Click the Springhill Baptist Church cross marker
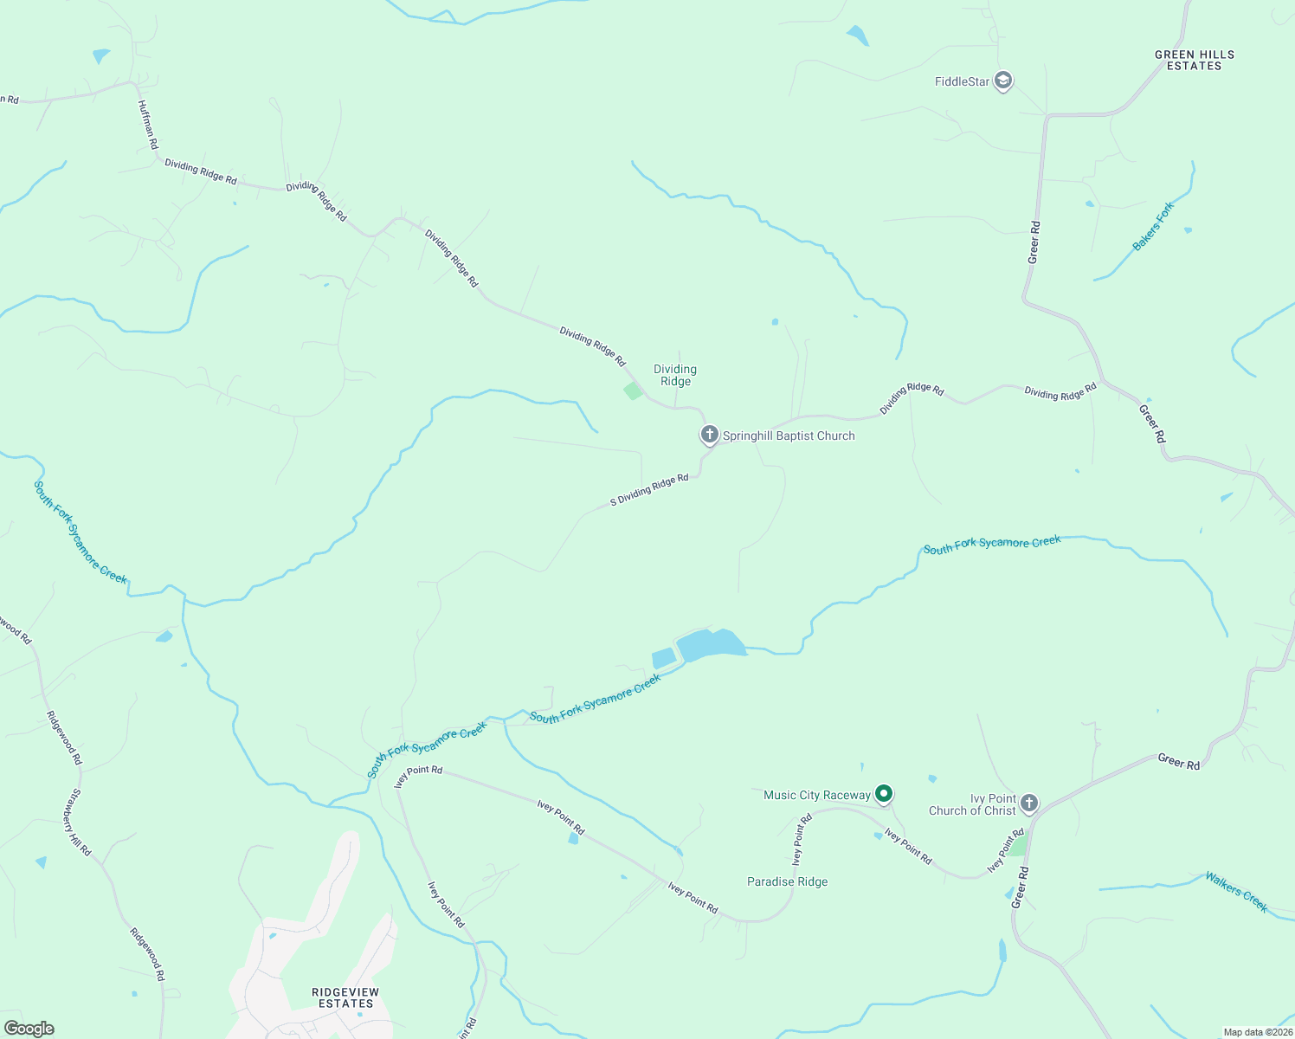pyautogui.click(x=709, y=435)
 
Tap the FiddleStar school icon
pyautogui.click(x=1003, y=81)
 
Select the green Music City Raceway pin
pyautogui.click(x=883, y=793)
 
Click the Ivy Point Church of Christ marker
pyautogui.click(x=1028, y=803)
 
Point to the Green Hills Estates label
pyautogui.click(x=1194, y=60)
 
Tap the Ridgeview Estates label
pyautogui.click(x=345, y=997)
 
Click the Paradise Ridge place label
pyautogui.click(x=787, y=881)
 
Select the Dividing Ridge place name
pyautogui.click(x=675, y=375)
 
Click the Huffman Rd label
pyautogui.click(x=148, y=125)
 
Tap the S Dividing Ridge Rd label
pyautogui.click(x=649, y=490)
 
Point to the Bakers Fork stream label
pyautogui.click(x=1153, y=226)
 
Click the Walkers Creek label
pyautogui.click(x=1236, y=892)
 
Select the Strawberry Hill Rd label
pyautogui.click(x=76, y=822)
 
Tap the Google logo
pyautogui.click(x=29, y=1028)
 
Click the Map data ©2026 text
pyautogui.click(x=1257, y=1032)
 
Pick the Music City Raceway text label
pyautogui.click(x=816, y=795)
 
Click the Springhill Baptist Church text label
pyautogui.click(x=789, y=436)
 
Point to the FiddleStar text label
pyautogui.click(x=962, y=81)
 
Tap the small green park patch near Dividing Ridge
pyautogui.click(x=634, y=390)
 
